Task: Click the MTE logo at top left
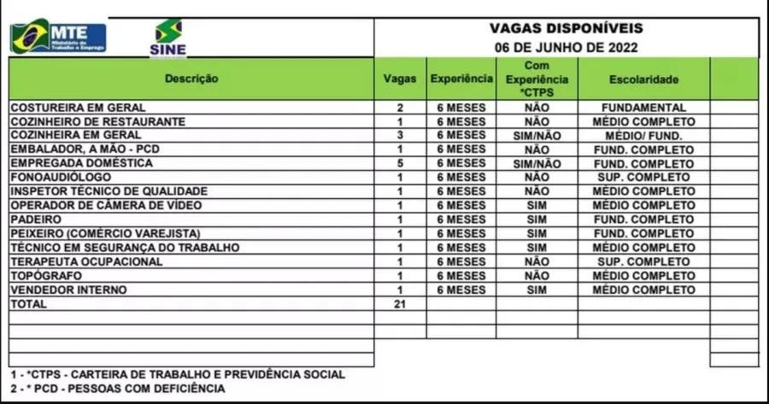tap(58, 37)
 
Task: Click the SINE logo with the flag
tap(167, 38)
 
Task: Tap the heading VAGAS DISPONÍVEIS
tap(566, 28)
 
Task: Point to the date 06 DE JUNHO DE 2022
tap(566, 48)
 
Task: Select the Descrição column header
tap(191, 79)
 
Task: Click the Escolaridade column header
tap(643, 79)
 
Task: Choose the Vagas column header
tap(400, 79)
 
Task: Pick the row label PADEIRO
tap(35, 219)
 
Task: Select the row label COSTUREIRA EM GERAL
tap(78, 108)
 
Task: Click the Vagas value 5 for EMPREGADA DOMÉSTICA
tap(400, 163)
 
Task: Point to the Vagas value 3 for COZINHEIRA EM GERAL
tap(400, 135)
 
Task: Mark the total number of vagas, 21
tap(400, 303)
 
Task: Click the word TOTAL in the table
tap(28, 303)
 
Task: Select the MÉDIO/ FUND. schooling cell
tap(643, 135)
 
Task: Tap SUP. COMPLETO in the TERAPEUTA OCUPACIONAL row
tap(643, 261)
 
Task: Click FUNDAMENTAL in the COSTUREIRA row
tap(643, 108)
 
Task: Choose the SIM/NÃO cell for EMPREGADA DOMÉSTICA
tap(537, 163)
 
